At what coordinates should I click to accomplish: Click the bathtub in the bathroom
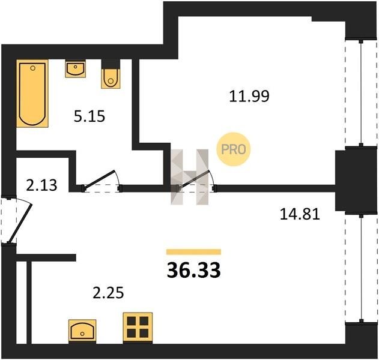(x=32, y=94)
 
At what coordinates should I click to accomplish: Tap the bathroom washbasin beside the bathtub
(x=76, y=69)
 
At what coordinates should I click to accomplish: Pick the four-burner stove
(x=138, y=328)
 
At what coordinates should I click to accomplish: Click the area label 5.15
(x=89, y=116)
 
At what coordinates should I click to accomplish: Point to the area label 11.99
(x=249, y=96)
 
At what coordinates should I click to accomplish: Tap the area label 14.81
(x=300, y=214)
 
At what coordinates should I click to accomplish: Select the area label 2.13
(x=41, y=185)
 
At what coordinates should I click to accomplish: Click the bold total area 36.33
(x=194, y=270)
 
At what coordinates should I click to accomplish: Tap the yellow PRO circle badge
(x=233, y=149)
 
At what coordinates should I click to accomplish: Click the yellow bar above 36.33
(x=193, y=252)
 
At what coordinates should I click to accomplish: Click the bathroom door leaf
(x=99, y=179)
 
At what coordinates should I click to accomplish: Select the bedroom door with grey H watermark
(x=193, y=179)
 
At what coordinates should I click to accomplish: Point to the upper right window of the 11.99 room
(x=361, y=93)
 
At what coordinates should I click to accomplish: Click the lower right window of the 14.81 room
(x=361, y=268)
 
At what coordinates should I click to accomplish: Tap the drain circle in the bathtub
(x=33, y=68)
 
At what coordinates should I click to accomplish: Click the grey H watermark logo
(x=190, y=177)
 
